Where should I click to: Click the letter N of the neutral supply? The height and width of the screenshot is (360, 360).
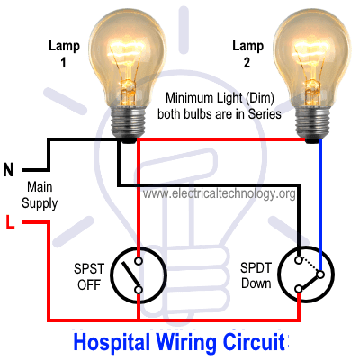[x=8, y=170]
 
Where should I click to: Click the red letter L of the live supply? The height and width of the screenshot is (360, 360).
[x=10, y=221]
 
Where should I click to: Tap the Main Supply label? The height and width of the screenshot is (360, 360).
[x=40, y=195]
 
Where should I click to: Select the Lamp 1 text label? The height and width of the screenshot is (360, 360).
[x=64, y=54]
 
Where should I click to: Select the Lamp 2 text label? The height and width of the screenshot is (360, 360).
[x=247, y=54]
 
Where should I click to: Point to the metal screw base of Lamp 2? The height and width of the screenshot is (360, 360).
[x=312, y=124]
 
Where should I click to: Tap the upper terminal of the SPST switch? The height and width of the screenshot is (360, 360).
[x=139, y=261]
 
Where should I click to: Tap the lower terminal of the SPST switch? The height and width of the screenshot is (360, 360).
[x=139, y=290]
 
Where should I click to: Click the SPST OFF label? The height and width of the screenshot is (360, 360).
[x=89, y=276]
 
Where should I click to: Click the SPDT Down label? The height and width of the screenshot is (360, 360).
[x=256, y=275]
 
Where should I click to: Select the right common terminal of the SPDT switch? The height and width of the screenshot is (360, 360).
[x=320, y=274]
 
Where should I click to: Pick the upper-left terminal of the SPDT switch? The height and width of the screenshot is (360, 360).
[x=299, y=260]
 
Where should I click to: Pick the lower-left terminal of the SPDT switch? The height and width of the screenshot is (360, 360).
[x=299, y=289]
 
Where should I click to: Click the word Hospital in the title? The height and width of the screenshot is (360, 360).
[x=112, y=343]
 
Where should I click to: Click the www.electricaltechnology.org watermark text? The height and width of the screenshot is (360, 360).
[x=219, y=193]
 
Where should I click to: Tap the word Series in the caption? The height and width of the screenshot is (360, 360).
[x=265, y=114]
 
